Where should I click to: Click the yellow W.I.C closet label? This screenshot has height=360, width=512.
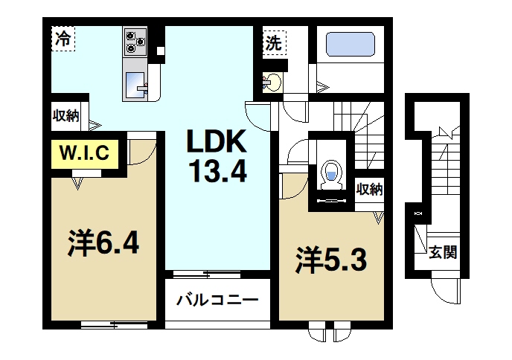pos(84,154)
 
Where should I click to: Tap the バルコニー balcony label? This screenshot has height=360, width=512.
pos(217,301)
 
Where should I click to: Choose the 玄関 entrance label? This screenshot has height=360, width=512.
pos(443,252)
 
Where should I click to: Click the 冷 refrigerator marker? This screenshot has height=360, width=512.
pos(63,39)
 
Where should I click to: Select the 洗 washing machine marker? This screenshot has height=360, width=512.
pos(274,42)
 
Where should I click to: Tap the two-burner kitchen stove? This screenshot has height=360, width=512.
pos(135,41)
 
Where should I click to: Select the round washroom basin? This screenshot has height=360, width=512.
pos(271,82)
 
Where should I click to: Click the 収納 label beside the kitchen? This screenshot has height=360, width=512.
pos(65,115)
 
